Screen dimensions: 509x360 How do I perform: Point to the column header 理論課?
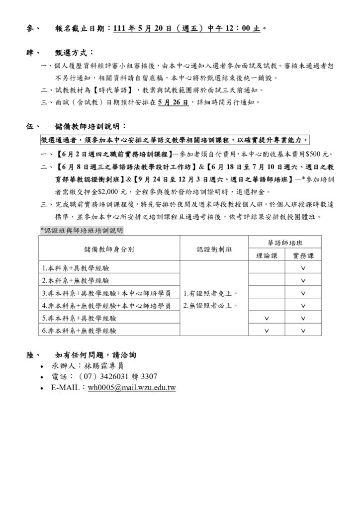coord(267,255)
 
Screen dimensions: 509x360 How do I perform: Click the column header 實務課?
coord(303,255)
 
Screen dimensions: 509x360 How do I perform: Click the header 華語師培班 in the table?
coord(285,242)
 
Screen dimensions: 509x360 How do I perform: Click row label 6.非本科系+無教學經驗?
coord(80,330)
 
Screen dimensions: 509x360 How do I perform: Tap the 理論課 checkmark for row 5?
coord(267,318)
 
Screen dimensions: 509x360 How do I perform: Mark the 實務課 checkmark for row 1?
coord(303,268)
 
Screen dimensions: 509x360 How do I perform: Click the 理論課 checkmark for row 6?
coord(267,330)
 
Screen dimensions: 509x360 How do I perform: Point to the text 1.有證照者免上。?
coord(210,293)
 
